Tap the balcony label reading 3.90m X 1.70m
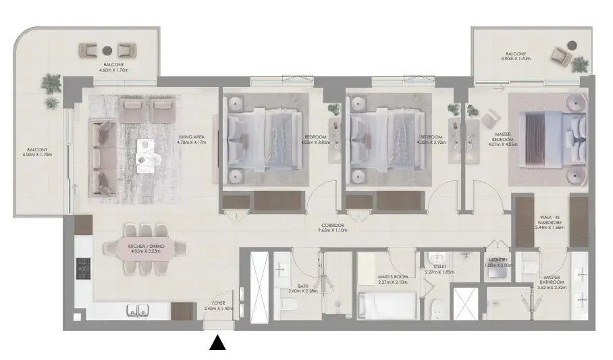point(517,56)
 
